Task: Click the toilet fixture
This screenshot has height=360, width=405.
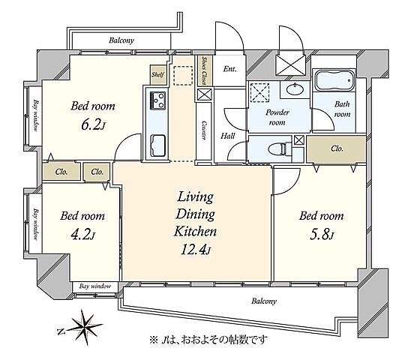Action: [277, 149]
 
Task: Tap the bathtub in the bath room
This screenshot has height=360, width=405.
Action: [334, 79]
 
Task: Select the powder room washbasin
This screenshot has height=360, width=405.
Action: [295, 89]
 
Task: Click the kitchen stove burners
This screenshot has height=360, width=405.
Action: [157, 100]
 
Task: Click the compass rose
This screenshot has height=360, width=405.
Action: [85, 326]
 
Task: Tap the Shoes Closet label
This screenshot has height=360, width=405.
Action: [205, 70]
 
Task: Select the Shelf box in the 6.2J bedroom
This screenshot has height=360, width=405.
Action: [158, 74]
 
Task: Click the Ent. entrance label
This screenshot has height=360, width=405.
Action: [229, 69]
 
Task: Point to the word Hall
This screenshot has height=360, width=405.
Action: [227, 136]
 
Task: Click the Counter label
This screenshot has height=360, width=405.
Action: [203, 130]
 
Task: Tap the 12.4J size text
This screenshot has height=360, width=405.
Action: [196, 250]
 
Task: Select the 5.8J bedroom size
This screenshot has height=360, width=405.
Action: [322, 235]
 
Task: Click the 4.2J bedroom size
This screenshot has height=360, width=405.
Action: [83, 235]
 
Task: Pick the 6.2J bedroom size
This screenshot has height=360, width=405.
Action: [93, 125]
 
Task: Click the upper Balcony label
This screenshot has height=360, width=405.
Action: [121, 40]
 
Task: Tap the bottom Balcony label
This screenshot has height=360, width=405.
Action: [264, 301]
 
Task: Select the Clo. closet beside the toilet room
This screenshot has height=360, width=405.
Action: [337, 148]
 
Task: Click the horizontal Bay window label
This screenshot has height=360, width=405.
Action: [95, 286]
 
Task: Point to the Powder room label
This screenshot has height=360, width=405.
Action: [277, 117]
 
